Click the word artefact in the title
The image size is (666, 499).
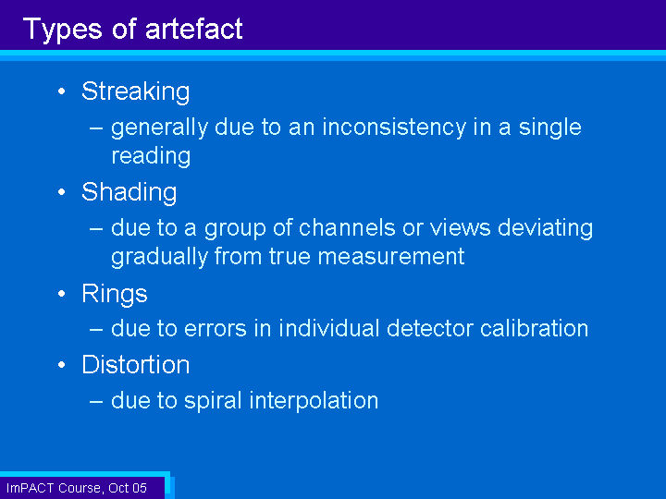click(193, 29)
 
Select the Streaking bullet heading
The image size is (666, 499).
click(135, 91)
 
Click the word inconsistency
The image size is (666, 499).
click(394, 128)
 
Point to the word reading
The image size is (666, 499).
click(151, 156)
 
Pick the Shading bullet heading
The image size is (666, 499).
click(129, 192)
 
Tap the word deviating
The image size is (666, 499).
click(545, 229)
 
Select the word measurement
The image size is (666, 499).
click(390, 257)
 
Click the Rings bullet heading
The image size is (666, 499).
click(115, 294)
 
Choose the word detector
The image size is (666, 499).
click(429, 328)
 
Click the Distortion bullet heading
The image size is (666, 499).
click(135, 364)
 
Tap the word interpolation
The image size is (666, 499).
click(314, 401)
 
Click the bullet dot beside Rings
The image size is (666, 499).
click(62, 294)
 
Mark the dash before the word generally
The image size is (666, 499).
click(96, 128)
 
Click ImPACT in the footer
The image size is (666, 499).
click(30, 488)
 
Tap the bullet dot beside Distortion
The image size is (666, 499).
click(62, 365)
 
